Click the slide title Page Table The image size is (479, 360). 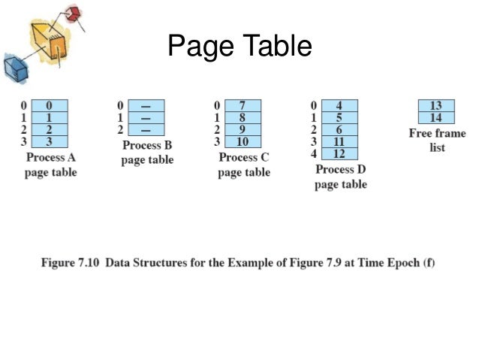(239, 47)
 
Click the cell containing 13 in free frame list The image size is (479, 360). (436, 106)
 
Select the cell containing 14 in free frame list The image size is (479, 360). (436, 118)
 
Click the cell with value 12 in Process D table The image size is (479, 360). (340, 154)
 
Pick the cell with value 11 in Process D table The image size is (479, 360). (340, 142)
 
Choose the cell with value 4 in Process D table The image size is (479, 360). (340, 106)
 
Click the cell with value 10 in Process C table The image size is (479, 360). (243, 142)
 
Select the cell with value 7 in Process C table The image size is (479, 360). (243, 106)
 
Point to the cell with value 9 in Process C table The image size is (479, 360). (243, 130)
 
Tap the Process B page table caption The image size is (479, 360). (147, 153)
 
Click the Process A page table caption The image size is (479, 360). (50, 165)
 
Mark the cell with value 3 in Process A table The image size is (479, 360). (50, 142)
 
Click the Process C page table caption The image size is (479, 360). (244, 165)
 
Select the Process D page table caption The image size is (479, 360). (341, 177)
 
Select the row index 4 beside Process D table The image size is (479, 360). (315, 154)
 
